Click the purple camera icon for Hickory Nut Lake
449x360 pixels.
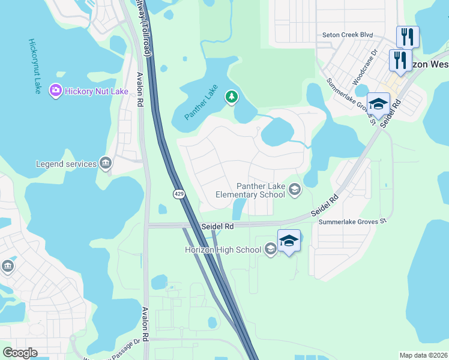pos(56,91)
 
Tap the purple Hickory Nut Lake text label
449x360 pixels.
pos(97,91)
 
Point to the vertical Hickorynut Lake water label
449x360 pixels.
pos(34,66)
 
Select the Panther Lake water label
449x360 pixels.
pos(201,103)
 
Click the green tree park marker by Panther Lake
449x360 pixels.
pos(231,97)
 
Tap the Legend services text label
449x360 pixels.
pos(66,164)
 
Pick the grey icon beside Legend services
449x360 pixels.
pos(106,163)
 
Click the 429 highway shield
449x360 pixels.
pos(179,194)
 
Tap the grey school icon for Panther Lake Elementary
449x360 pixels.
pos(294,190)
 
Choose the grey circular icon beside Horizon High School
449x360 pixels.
pos(270,249)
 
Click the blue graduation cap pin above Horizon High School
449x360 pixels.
pos(289,241)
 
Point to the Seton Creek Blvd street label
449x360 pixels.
pos(348,35)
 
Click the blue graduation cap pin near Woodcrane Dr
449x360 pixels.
pos(378,103)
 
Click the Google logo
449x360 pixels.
pos(20,353)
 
